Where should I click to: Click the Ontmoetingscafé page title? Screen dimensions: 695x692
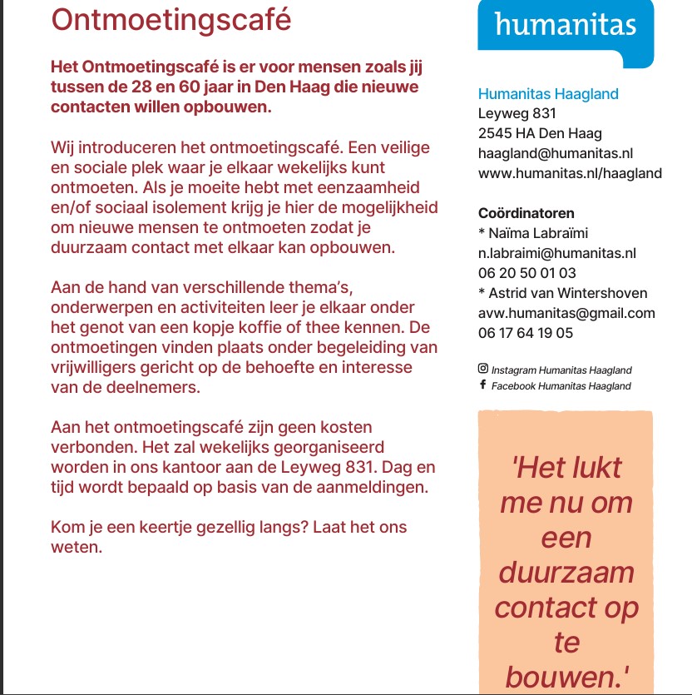[171, 19]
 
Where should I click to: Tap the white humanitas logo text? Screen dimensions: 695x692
[565, 24]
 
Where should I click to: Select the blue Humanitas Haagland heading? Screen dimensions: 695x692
[548, 94]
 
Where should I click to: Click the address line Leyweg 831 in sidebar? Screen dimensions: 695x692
[517, 113]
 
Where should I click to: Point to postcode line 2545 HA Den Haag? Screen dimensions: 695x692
[540, 133]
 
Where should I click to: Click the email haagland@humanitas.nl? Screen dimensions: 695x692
[556, 153]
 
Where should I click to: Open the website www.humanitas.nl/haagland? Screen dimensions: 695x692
[570, 173]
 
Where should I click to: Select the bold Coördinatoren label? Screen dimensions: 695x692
[526, 213]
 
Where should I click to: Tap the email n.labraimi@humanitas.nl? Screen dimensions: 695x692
[556, 253]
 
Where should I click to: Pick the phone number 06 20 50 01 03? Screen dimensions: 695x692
[526, 273]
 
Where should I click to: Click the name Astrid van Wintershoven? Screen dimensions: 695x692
[567, 293]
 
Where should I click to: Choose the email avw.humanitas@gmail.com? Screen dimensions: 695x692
[566, 313]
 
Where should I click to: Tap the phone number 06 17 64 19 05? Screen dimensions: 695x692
[526, 333]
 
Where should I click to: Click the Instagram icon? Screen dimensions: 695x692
[482, 369]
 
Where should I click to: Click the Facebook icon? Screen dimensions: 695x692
[482, 385]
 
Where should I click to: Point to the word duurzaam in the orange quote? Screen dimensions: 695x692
[566, 573]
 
